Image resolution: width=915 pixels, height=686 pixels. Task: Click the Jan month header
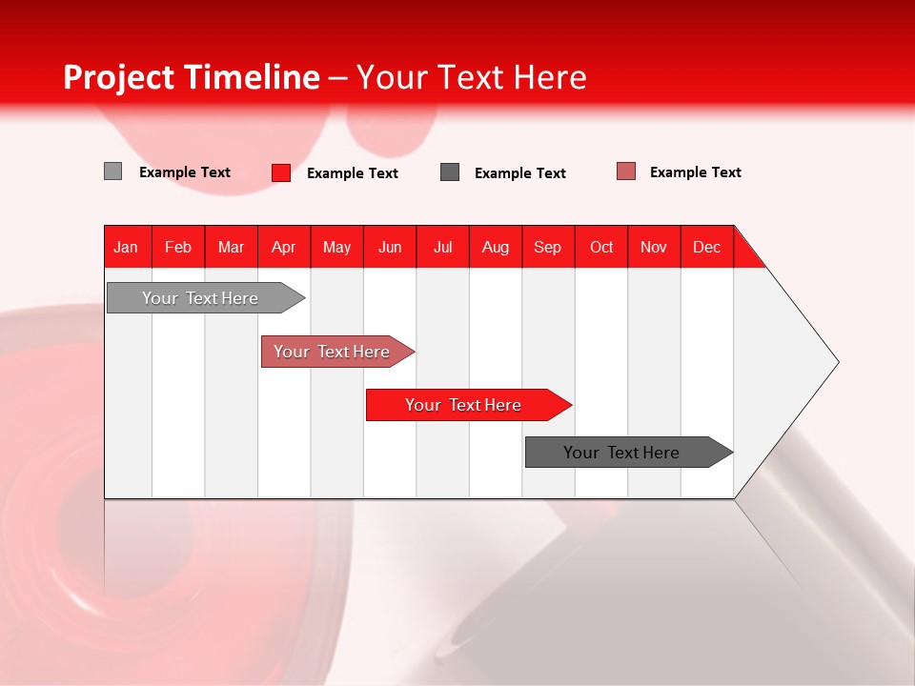(126, 247)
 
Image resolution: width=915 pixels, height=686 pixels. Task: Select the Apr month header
(284, 247)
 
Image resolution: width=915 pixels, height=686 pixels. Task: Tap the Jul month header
(442, 247)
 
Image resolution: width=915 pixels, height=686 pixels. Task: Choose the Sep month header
(547, 247)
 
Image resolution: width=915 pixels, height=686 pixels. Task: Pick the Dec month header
(706, 247)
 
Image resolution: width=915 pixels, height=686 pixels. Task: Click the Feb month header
(178, 247)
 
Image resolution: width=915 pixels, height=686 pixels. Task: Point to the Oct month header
(601, 247)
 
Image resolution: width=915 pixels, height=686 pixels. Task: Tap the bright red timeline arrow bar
(464, 405)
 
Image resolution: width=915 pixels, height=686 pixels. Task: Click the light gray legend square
(112, 171)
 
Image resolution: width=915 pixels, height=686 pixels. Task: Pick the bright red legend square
(281, 172)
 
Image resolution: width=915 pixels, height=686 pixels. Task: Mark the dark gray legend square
(450, 172)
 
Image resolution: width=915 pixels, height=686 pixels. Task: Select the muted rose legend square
(626, 171)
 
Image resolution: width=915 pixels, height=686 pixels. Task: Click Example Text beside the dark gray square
(520, 172)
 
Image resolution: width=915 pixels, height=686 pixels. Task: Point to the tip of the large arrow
(837, 362)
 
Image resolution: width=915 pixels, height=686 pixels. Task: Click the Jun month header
(390, 247)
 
